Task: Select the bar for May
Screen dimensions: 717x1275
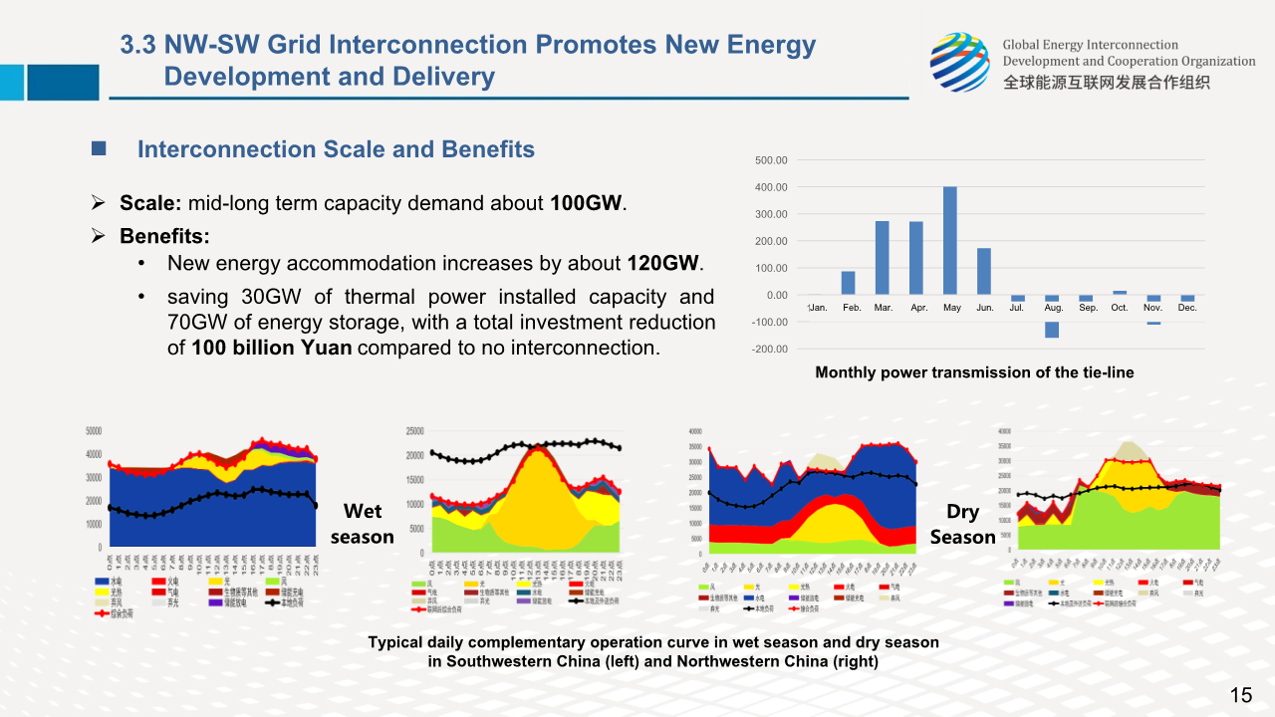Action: click(950, 241)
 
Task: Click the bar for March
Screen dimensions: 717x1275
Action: click(883, 258)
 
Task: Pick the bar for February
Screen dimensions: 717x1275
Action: click(849, 283)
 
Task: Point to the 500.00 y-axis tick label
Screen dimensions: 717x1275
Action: click(771, 160)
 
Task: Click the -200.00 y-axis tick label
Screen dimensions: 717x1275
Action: click(769, 350)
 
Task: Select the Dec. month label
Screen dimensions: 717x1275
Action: click(1186, 308)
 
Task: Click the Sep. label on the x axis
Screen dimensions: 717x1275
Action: click(1088, 308)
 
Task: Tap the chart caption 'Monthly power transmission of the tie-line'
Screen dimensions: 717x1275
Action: click(974, 372)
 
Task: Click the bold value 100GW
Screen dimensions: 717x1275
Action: click(587, 204)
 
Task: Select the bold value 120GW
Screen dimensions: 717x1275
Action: click(663, 264)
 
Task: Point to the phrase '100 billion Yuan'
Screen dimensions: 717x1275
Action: click(272, 349)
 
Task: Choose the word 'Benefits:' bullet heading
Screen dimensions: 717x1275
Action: click(164, 237)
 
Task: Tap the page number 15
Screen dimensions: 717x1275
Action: click(1241, 695)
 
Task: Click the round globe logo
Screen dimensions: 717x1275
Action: click(960, 62)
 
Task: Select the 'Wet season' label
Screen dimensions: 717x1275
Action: click(363, 524)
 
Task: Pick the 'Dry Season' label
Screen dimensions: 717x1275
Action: click(962, 524)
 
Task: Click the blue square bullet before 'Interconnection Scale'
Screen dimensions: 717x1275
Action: click(99, 149)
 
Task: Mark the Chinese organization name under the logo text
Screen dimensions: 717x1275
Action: click(1106, 83)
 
